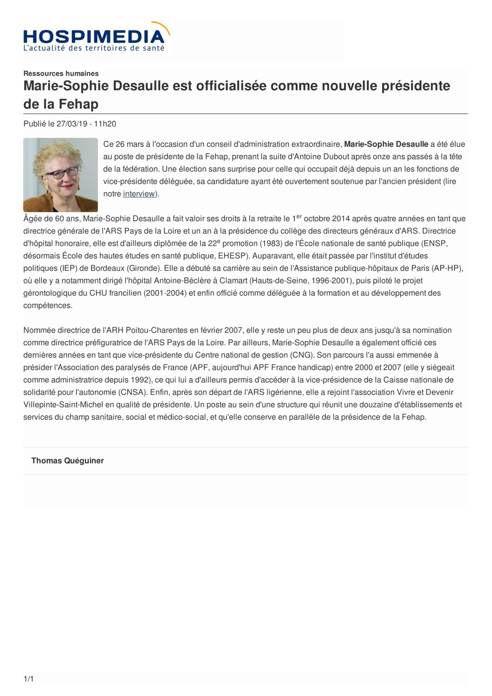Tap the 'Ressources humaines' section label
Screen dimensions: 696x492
click(x=61, y=73)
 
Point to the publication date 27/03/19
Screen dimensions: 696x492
click(x=72, y=124)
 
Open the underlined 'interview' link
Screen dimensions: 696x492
click(x=139, y=194)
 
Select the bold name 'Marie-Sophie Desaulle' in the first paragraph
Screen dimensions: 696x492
click(x=386, y=144)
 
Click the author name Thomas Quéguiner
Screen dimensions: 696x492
click(x=68, y=461)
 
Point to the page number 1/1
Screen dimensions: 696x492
click(x=29, y=679)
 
